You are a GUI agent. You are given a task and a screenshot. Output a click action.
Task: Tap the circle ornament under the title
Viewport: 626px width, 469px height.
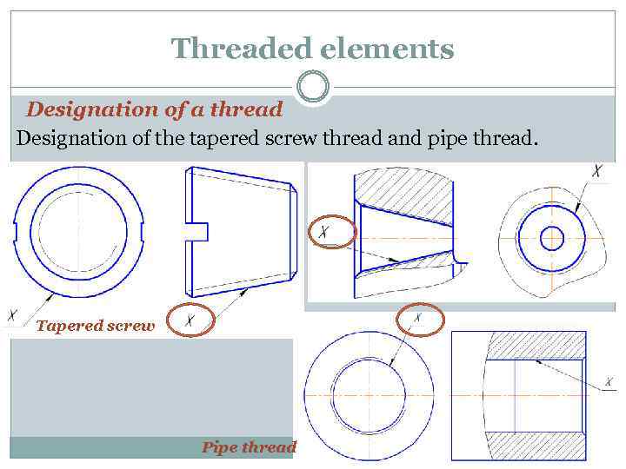(312, 87)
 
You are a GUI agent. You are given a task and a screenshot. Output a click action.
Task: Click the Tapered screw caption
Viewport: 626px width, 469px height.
(95, 327)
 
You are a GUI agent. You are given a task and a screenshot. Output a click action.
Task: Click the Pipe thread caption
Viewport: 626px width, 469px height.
(249, 447)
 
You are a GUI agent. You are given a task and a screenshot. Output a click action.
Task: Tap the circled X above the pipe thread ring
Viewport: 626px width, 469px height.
(419, 320)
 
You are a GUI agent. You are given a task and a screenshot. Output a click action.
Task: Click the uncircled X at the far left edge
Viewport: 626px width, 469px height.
(13, 314)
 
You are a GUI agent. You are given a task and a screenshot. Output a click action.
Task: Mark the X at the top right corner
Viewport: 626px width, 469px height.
(596, 171)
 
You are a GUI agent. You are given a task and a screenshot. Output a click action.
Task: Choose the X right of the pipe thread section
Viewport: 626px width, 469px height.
(609, 381)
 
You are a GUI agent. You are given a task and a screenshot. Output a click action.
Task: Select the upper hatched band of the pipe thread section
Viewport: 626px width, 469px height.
(534, 346)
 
